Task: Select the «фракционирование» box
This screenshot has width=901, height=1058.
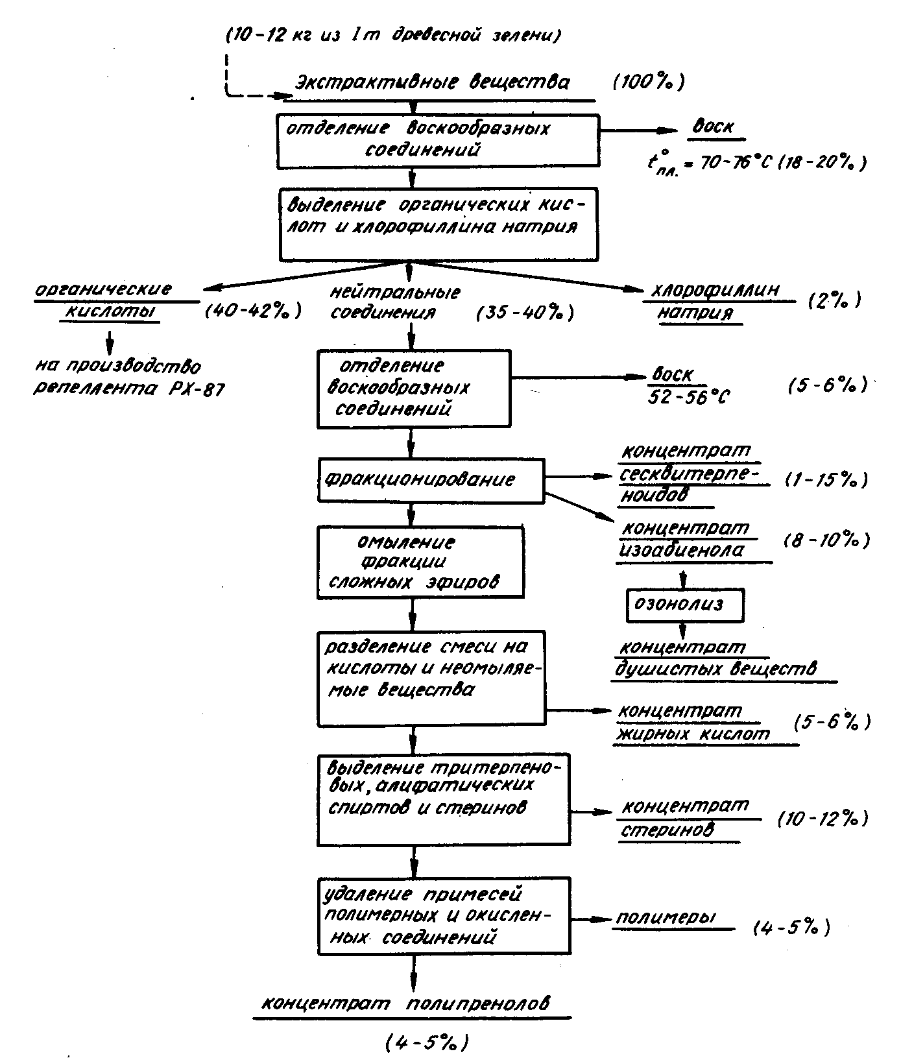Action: point(431,480)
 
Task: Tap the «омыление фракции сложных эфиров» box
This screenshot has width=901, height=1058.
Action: point(420,562)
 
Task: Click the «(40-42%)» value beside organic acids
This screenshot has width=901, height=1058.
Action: point(253,311)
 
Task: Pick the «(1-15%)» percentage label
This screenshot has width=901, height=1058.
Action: point(825,481)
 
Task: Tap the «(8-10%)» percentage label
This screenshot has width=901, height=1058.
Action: point(826,541)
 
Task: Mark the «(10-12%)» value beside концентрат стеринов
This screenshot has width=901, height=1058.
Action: point(823,820)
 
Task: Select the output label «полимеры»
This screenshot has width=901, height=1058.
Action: point(666,918)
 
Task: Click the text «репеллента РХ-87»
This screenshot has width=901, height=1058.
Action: point(129,391)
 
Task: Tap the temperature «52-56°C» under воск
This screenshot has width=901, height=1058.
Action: point(689,396)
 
